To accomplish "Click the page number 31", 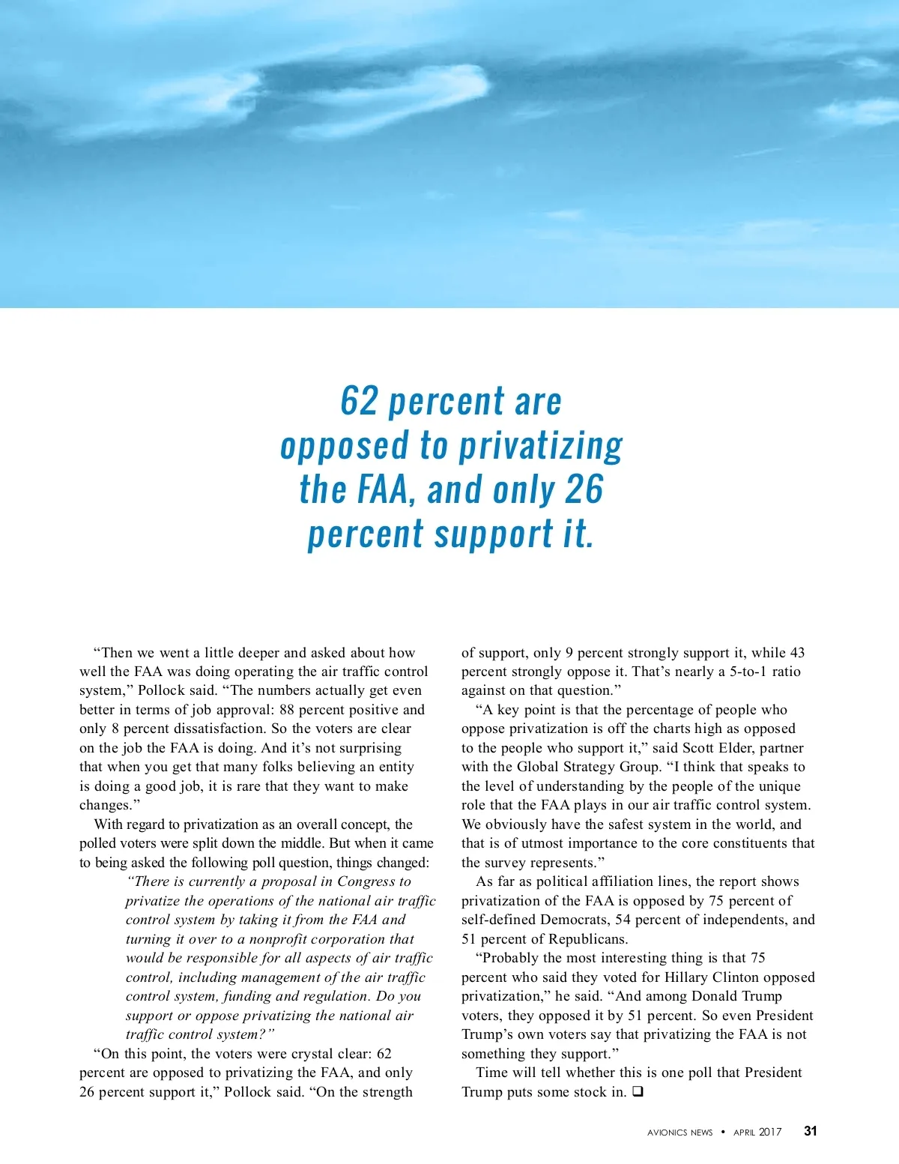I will point(810,1131).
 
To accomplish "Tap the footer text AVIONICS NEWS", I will point(679,1133).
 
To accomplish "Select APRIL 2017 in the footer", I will point(757,1133).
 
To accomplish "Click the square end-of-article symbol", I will point(638,1092).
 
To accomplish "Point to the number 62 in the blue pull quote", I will point(360,401).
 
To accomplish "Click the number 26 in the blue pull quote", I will point(584,490).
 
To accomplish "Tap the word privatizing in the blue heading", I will point(540,446).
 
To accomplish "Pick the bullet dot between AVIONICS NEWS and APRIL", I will point(723,1132).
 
